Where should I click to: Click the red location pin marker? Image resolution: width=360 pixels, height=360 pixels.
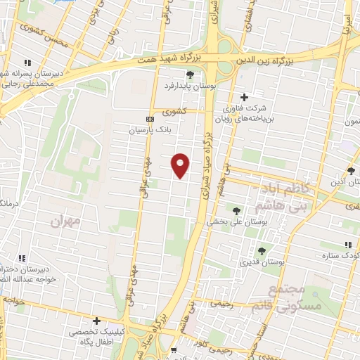(x=181, y=165)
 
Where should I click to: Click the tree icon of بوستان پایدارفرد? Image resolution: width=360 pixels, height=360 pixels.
(x=189, y=75)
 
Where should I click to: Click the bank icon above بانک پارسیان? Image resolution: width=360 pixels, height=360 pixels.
(x=149, y=119)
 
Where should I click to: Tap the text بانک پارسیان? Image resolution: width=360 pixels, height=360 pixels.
(x=149, y=130)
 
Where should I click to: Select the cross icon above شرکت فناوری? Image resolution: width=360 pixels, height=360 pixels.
(x=244, y=97)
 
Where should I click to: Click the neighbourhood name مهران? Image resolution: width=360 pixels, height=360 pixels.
(x=65, y=221)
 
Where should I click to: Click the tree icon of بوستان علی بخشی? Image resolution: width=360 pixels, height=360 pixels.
(x=236, y=210)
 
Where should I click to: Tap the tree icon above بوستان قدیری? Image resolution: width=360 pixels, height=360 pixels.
(x=262, y=250)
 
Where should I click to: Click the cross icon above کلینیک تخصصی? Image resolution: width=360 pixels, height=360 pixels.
(x=96, y=321)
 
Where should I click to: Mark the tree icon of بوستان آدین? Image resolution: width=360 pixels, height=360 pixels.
(x=351, y=171)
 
